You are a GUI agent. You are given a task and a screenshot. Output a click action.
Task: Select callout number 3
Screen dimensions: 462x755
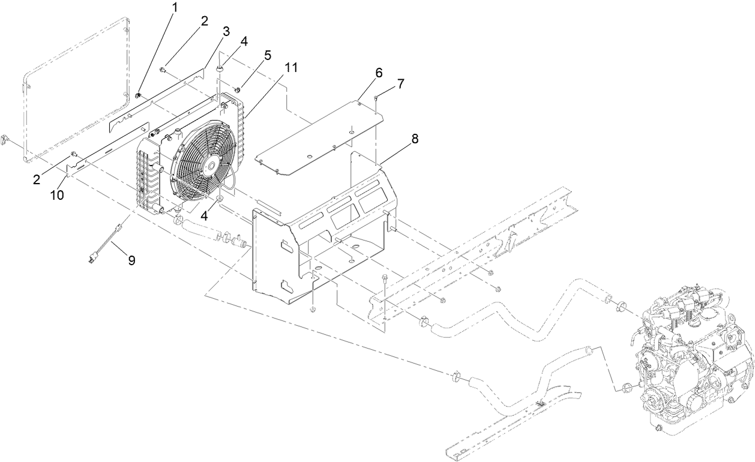(x=226, y=32)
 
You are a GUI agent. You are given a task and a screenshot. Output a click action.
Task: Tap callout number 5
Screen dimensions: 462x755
(x=267, y=55)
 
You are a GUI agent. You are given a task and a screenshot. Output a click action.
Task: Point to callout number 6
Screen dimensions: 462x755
(x=378, y=73)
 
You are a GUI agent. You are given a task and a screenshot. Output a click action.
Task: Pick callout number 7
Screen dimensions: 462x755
(x=400, y=83)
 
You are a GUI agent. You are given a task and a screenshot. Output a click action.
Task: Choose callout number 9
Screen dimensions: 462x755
(x=131, y=260)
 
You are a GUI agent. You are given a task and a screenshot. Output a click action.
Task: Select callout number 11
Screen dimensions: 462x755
(x=291, y=67)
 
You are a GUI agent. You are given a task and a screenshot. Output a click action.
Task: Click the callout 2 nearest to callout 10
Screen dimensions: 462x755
(x=38, y=178)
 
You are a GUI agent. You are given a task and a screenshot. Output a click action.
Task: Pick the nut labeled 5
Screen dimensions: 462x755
(x=237, y=91)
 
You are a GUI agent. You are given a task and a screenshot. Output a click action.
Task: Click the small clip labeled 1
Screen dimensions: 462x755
(x=138, y=94)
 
